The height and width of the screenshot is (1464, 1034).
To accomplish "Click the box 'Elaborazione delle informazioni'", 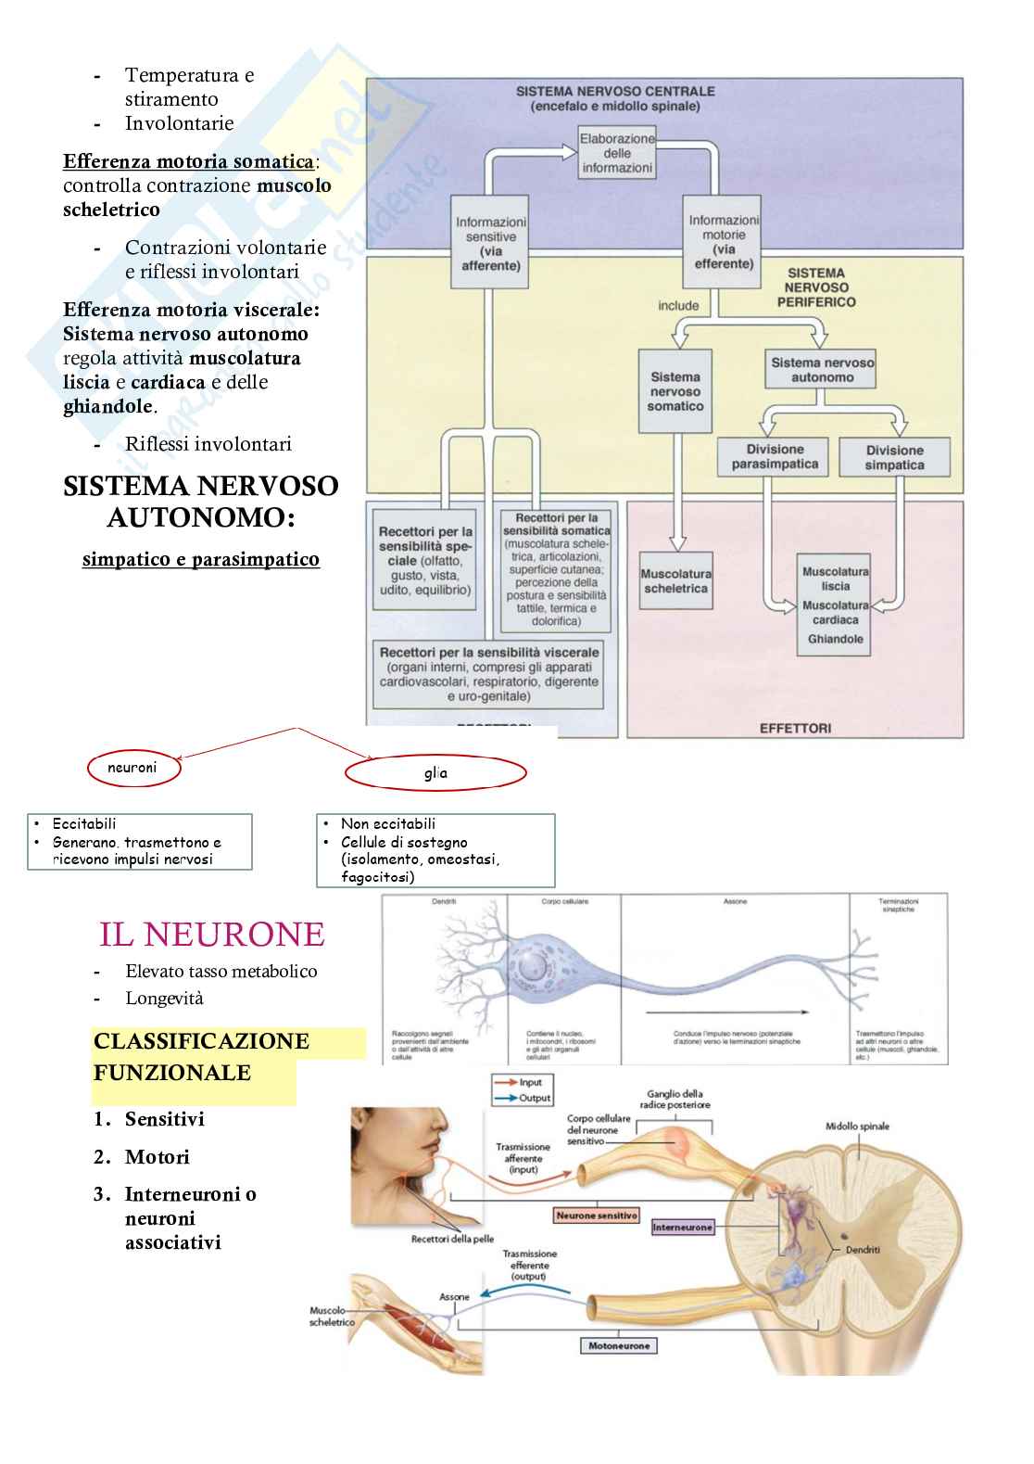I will click(616, 153).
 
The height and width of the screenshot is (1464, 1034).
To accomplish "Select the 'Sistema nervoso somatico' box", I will click(675, 391).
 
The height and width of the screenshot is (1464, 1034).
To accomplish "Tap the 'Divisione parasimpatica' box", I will click(775, 457).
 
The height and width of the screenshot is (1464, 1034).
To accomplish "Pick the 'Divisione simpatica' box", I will click(894, 457).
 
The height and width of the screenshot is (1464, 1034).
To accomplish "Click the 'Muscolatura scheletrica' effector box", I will click(676, 581).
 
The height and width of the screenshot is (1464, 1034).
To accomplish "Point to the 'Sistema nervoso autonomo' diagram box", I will click(822, 370).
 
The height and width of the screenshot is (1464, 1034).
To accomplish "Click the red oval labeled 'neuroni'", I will click(133, 768).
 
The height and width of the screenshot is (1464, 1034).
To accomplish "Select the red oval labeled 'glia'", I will click(435, 773).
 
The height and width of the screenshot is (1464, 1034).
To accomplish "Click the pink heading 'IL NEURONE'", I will click(211, 934).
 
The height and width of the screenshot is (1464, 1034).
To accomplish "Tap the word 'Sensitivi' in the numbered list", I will click(164, 1119).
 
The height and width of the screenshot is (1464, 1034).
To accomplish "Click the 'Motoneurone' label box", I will click(619, 1345).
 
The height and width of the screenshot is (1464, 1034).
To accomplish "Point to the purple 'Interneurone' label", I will click(683, 1227).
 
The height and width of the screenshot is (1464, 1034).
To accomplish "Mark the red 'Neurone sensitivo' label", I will click(597, 1215).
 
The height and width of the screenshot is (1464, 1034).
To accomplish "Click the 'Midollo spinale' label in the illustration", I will click(857, 1127).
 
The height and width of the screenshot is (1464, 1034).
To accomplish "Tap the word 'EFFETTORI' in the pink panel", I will click(795, 728).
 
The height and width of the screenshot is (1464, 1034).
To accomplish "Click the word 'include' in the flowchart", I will click(678, 305).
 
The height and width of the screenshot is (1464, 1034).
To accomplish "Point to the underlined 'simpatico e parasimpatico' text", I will click(201, 559).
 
